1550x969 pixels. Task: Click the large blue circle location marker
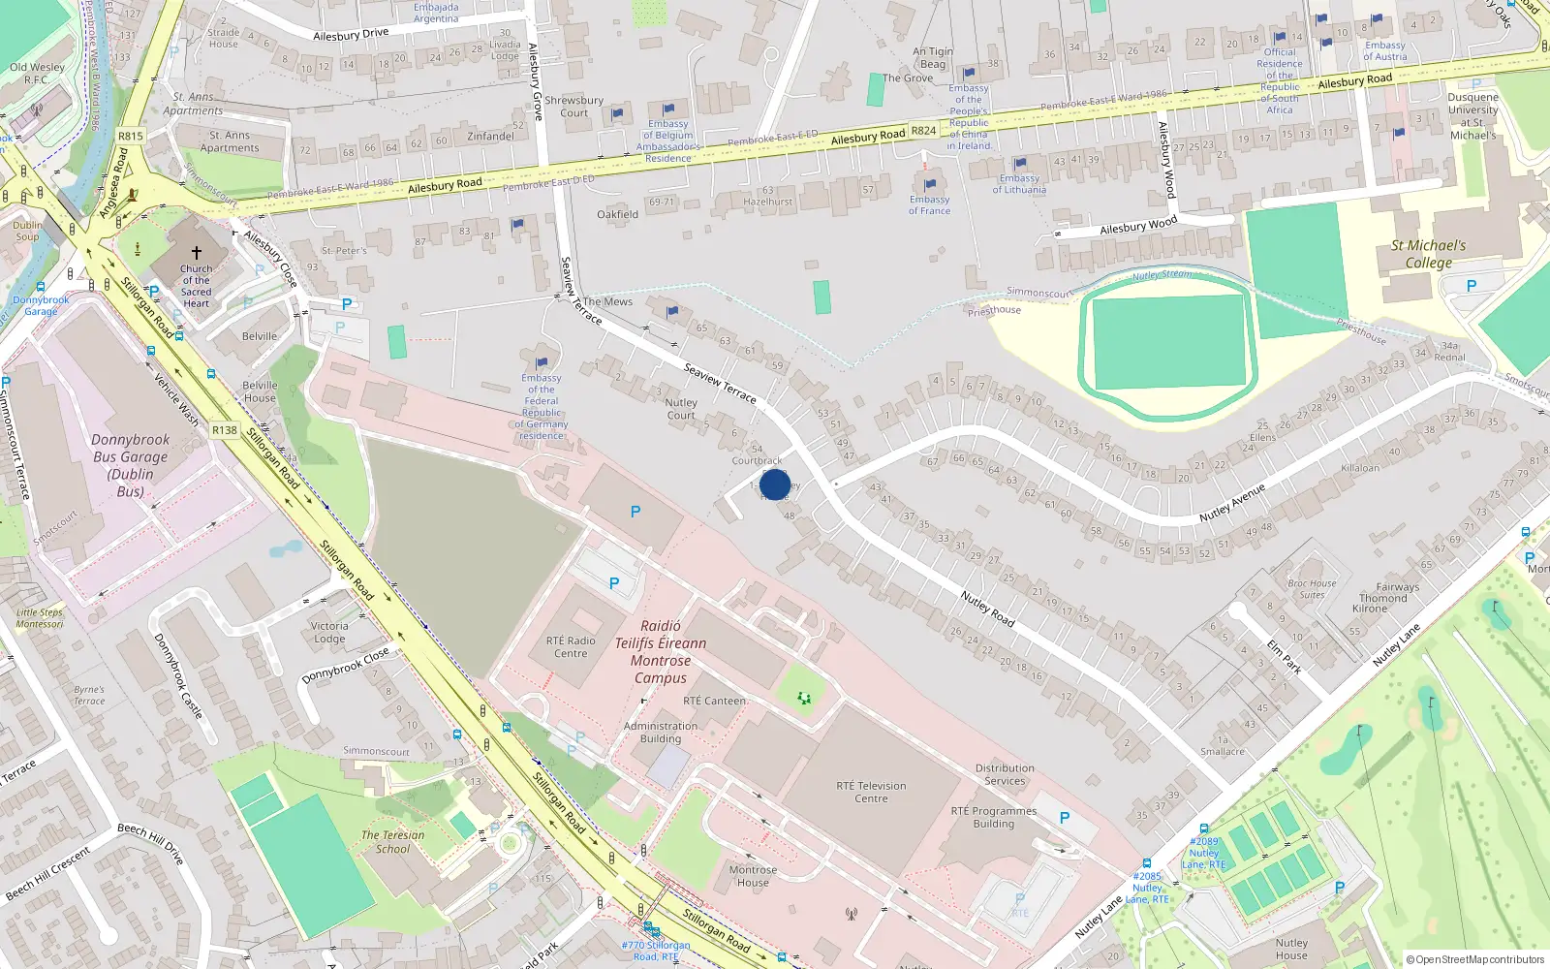click(775, 484)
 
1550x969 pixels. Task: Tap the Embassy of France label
click(929, 204)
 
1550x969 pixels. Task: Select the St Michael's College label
click(1428, 254)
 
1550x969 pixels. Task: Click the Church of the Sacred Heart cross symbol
click(197, 252)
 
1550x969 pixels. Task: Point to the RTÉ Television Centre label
click(871, 792)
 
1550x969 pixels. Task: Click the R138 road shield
click(225, 429)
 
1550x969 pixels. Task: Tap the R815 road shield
click(130, 137)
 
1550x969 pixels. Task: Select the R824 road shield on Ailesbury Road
click(923, 130)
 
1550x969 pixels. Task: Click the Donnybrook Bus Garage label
click(130, 465)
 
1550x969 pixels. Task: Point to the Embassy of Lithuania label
click(1019, 184)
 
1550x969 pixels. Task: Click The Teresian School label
click(392, 841)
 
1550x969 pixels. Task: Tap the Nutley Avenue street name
click(1232, 503)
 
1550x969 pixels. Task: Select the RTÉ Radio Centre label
click(571, 646)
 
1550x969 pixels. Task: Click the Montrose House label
click(753, 876)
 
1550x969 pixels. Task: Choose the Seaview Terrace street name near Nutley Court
click(720, 383)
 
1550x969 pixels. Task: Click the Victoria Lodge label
click(329, 632)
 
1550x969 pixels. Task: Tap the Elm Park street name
click(1284, 656)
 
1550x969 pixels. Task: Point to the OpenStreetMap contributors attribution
click(1475, 959)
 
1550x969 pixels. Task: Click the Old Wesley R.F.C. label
click(37, 74)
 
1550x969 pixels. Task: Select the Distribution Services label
click(1005, 774)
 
